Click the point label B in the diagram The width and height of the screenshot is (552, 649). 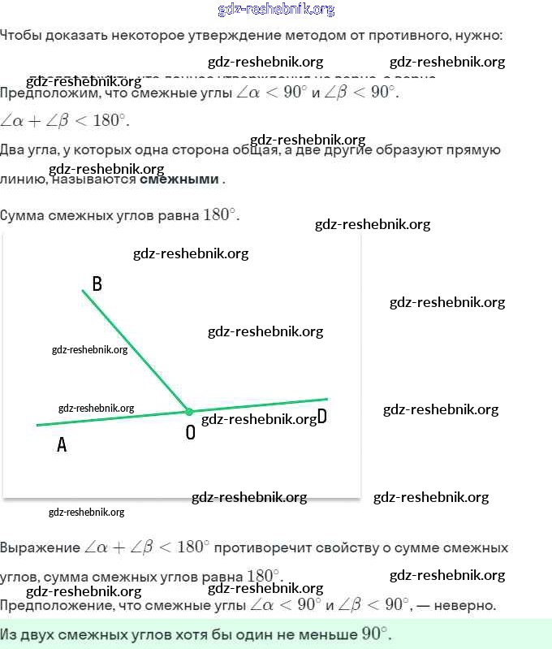click(97, 284)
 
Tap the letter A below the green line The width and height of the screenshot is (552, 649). click(61, 445)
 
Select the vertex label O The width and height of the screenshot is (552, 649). click(191, 433)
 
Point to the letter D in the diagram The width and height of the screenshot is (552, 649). click(321, 417)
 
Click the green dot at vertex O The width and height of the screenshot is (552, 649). click(189, 412)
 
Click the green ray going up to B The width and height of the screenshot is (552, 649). click(134, 350)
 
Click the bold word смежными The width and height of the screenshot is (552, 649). click(179, 180)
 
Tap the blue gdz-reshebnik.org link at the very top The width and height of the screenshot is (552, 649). click(276, 10)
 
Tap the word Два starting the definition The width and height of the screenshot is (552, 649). click(14, 150)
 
